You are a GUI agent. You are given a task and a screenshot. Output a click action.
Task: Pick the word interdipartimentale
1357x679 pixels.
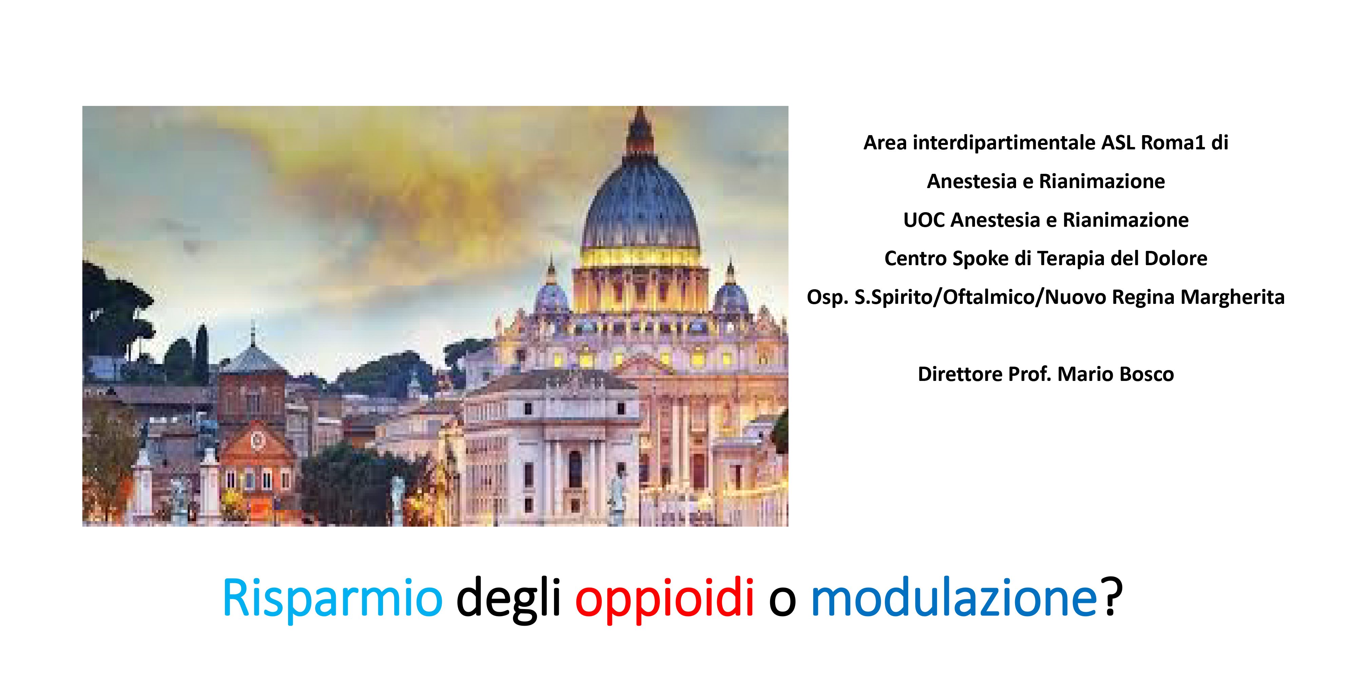[1004, 142]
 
